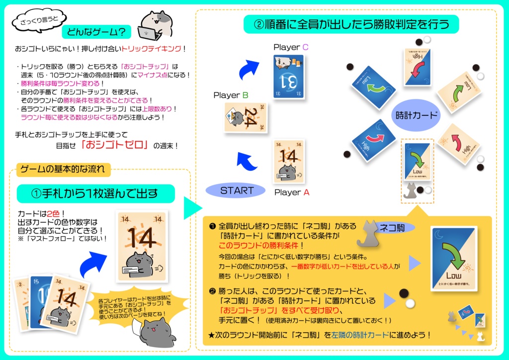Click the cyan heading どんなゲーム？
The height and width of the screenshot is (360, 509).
coord(96,32)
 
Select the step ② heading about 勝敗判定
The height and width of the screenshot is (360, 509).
coord(351,23)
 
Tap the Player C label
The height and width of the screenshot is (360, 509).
coord(291,47)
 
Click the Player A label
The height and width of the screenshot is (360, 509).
coord(292,192)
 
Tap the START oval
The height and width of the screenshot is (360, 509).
coord(237,190)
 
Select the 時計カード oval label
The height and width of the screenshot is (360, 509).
coord(417,115)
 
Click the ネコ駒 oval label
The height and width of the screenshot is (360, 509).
coord(395,228)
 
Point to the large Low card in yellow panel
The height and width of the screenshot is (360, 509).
coord(453,259)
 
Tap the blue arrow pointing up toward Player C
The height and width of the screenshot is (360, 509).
coord(247,71)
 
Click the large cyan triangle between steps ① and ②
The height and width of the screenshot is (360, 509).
coord(191,208)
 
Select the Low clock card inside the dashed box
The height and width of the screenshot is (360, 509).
coord(417,162)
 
